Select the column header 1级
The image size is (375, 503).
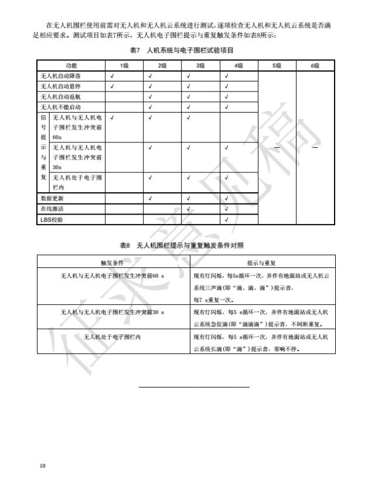coord(124,65)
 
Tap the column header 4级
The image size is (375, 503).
coord(238,65)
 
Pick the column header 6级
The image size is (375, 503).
coord(315,65)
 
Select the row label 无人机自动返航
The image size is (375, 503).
coord(60,97)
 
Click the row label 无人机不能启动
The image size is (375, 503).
coord(60,107)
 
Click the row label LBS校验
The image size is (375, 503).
coord(52,219)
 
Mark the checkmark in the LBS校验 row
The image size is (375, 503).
coord(227,219)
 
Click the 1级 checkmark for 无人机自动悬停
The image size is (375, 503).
coord(112,86)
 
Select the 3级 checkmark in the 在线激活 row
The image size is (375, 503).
coord(188,209)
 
